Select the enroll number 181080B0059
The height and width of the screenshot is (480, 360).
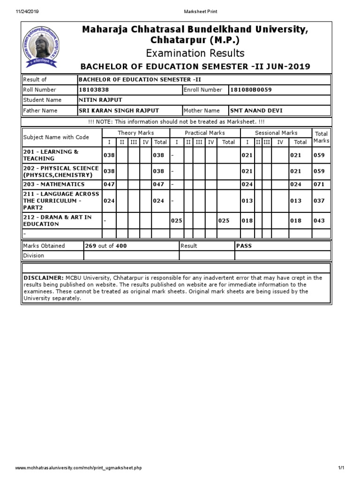pos(251,90)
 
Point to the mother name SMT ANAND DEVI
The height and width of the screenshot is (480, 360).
pos(256,111)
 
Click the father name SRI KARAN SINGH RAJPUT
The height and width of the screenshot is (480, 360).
pos(119,111)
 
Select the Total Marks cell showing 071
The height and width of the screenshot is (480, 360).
pos(319,185)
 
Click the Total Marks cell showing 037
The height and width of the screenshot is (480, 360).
pos(319,201)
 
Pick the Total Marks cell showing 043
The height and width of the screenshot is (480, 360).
pos(319,221)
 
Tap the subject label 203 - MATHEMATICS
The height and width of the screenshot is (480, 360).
pos(54,185)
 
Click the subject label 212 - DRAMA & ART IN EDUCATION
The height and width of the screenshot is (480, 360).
pos(58,221)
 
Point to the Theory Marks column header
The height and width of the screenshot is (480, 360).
pos(135,133)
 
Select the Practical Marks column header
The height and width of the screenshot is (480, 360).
pos(205,133)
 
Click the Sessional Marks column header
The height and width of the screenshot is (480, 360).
pos(276,133)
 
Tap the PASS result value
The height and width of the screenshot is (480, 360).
pos(244,246)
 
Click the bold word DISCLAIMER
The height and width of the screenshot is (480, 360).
pos(44,278)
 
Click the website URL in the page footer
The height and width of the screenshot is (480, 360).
pos(79,468)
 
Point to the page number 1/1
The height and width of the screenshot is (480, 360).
pos(341,468)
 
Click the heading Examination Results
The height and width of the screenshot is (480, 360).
pos(195,53)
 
